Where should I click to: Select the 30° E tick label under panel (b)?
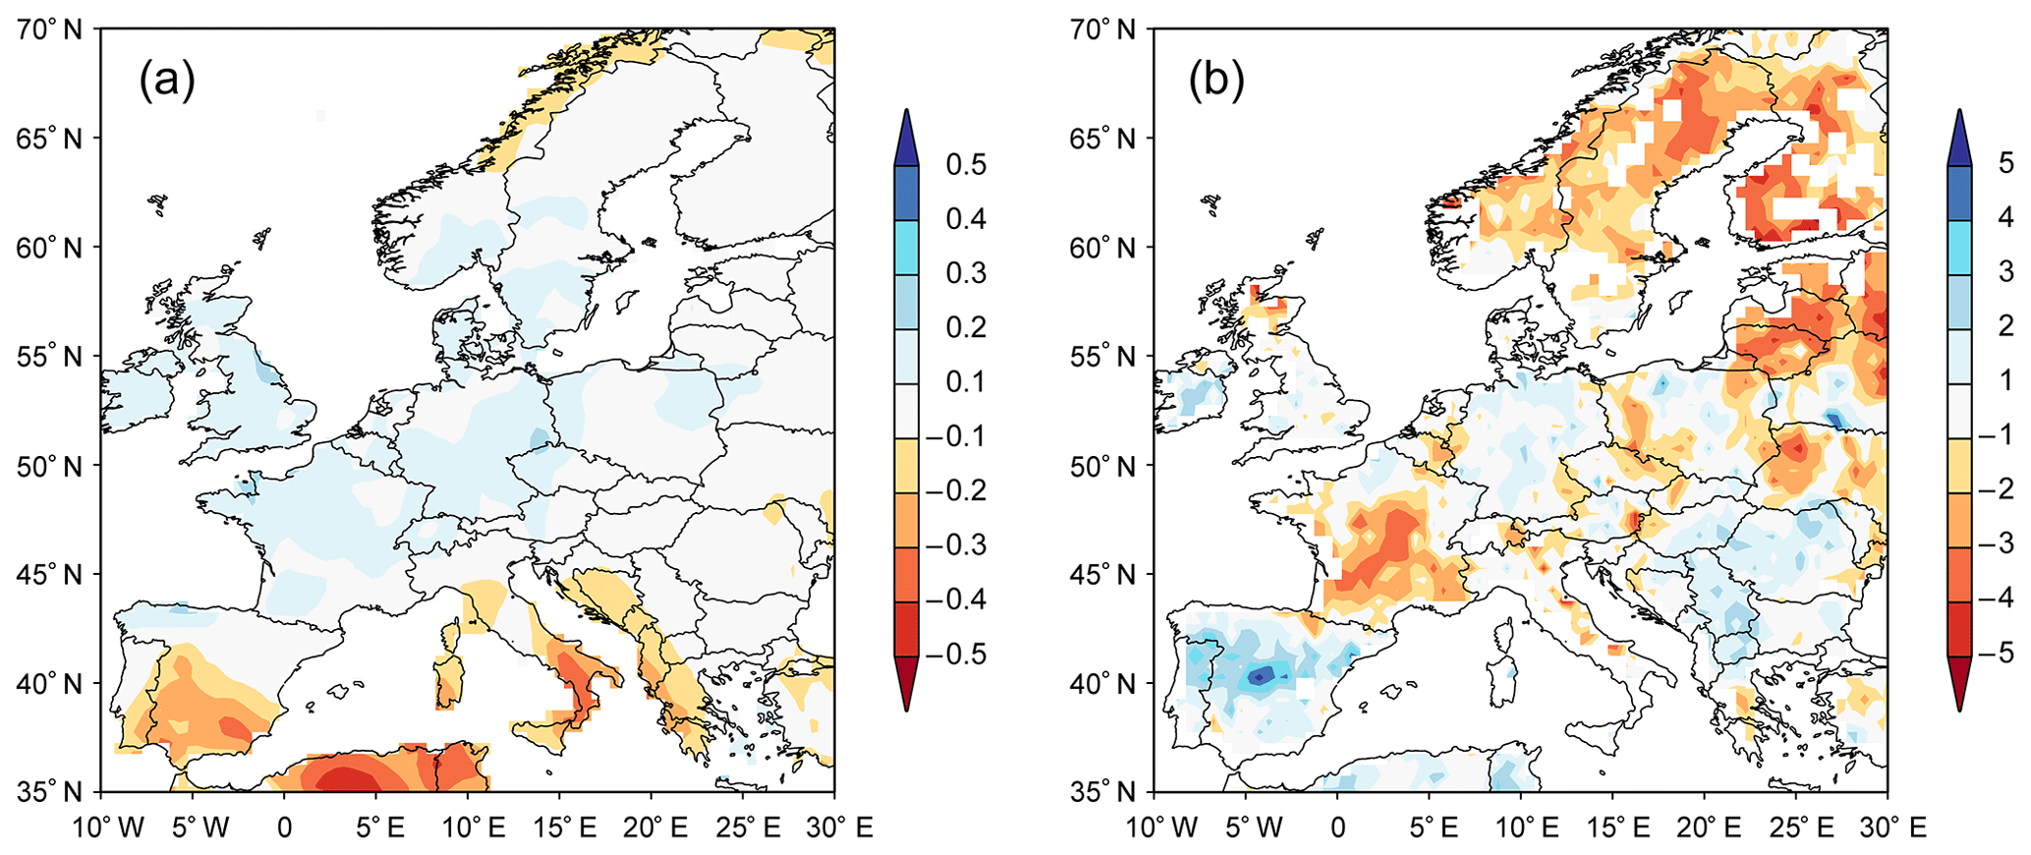coord(1888,827)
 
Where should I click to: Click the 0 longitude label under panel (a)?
coord(285,827)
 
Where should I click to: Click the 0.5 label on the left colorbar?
coord(965,165)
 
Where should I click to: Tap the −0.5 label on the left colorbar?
coord(958,655)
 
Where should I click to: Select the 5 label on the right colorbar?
coord(2005,163)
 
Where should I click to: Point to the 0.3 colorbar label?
coord(965,273)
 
